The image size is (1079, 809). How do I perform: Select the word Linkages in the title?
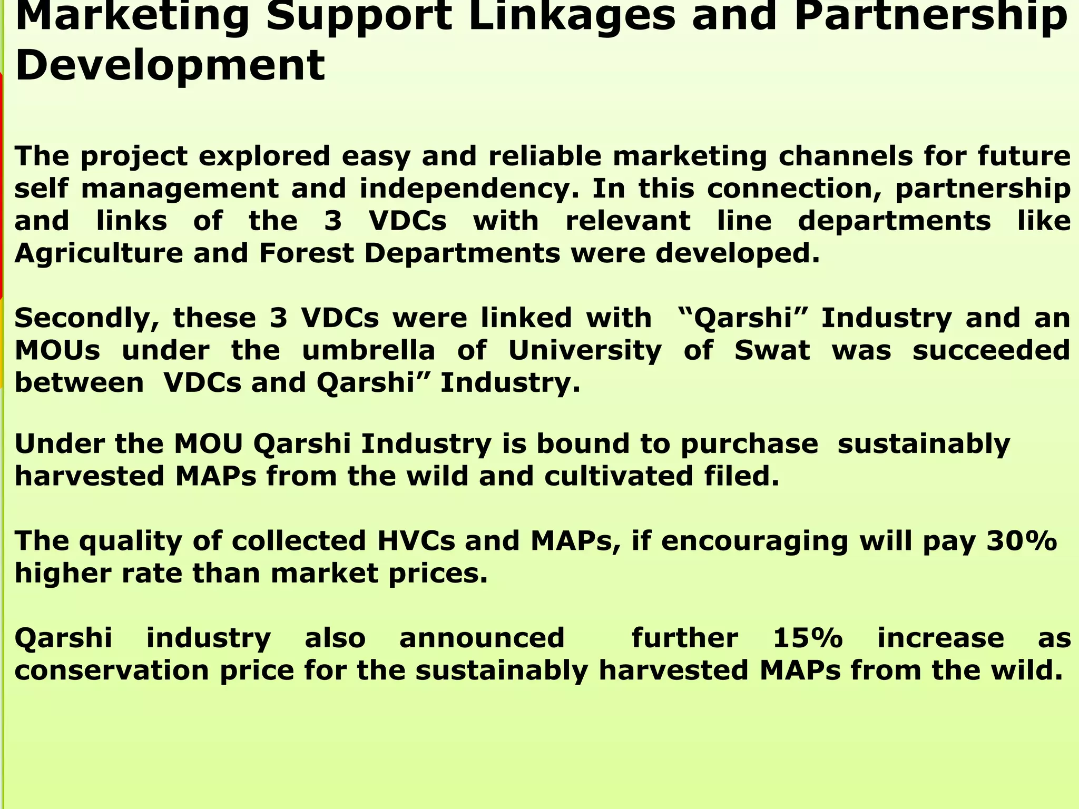572,16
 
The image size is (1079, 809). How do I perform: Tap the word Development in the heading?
170,65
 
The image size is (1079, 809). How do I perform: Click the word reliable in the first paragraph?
545,156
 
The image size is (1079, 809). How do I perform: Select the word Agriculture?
98,253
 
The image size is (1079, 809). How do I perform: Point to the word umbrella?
368,350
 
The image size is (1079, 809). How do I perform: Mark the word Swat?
772,350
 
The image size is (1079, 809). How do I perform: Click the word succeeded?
991,350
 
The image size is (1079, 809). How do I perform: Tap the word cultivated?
619,476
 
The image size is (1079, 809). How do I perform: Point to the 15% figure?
808,638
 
